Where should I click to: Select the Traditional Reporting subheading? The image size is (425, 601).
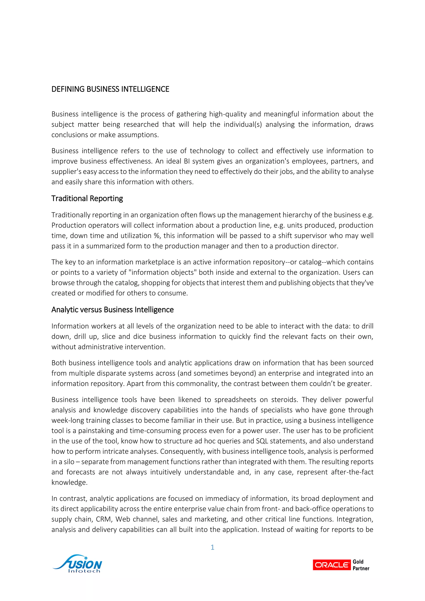coord(87,198)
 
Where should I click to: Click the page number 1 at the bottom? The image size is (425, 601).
coord(212,547)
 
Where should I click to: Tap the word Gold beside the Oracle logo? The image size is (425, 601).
coord(358,562)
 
